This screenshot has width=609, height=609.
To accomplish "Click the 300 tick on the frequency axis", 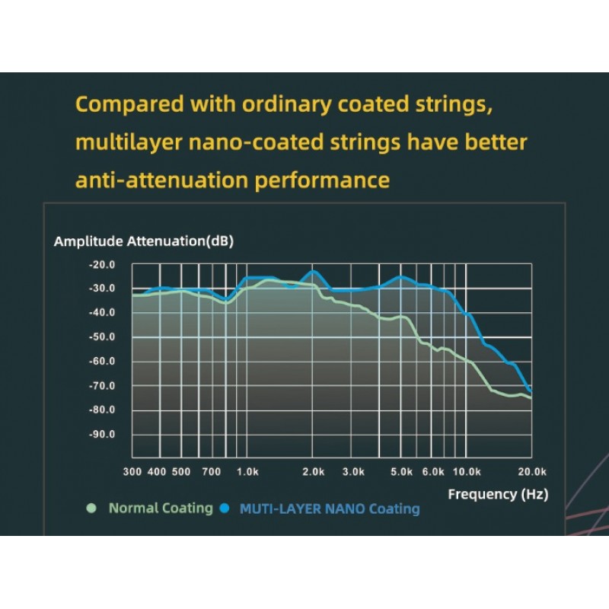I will click(132, 472).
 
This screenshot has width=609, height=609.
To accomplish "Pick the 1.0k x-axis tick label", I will click(247, 472).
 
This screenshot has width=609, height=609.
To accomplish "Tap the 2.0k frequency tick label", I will click(314, 472).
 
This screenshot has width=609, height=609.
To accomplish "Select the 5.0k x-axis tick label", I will click(401, 472).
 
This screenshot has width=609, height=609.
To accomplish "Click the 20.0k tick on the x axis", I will click(531, 472).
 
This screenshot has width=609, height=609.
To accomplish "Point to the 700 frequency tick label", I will click(211, 472).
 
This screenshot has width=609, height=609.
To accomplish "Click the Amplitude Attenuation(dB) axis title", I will click(144, 241).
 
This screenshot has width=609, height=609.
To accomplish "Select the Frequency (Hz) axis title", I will click(497, 494).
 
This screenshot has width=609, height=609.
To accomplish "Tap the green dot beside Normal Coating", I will click(92, 508).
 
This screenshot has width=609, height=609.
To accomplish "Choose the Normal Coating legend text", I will click(161, 508).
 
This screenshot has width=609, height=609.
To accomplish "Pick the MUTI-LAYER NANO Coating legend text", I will click(330, 509).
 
